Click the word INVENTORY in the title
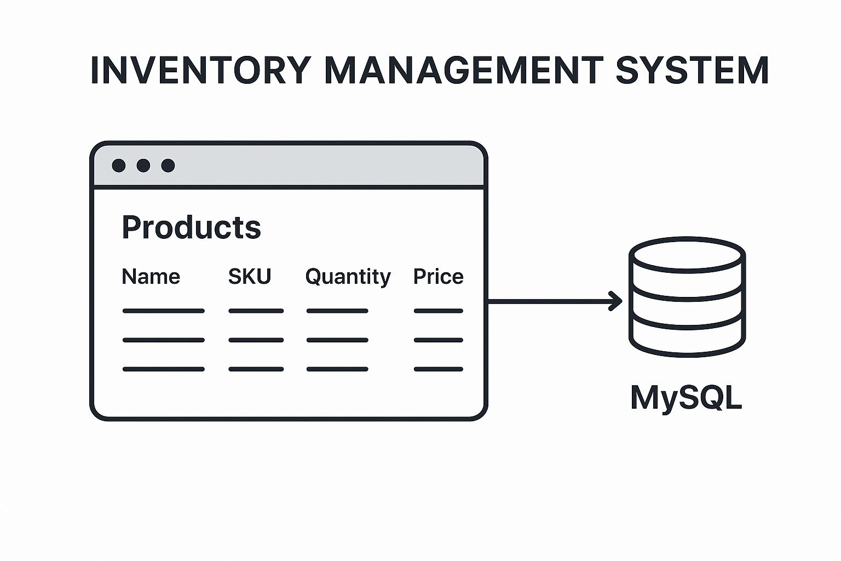coord(200,70)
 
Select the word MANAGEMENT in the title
coord(463,70)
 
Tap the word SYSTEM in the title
coord(692,70)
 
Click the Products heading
coord(191,227)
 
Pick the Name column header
coord(151,277)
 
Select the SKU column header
coord(250,277)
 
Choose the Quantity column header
coord(348,277)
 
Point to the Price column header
coord(438,277)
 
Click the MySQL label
coord(686,397)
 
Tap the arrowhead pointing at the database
coord(617,301)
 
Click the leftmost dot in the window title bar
coord(119,165)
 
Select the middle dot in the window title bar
coord(143,165)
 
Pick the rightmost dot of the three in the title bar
coord(168,165)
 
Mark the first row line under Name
coord(163,311)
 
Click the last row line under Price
coord(438,369)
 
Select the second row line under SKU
coord(256,340)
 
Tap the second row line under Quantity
coord(337,340)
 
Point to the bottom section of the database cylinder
coord(687,337)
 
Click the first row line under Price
coord(438,311)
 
